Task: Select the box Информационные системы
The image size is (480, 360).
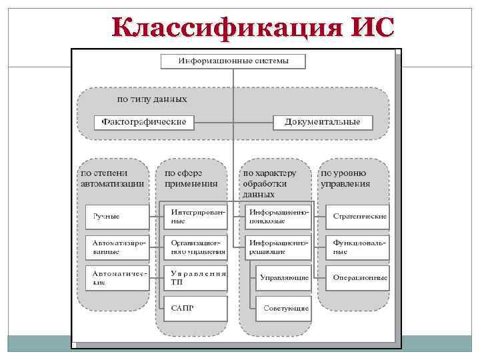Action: pyautogui.click(x=233, y=61)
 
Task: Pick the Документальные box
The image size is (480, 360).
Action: pyautogui.click(x=323, y=122)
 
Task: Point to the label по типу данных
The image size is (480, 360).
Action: pyautogui.click(x=152, y=99)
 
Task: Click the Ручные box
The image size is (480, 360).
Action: pyautogui.click(x=117, y=216)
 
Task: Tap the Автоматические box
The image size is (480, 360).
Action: pyautogui.click(x=117, y=277)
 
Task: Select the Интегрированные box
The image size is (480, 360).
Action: pyautogui.click(x=195, y=216)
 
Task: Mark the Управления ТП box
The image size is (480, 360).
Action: pyautogui.click(x=195, y=277)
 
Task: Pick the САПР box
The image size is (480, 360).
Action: pyautogui.click(x=195, y=309)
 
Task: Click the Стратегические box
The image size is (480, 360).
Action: pyautogui.click(x=358, y=216)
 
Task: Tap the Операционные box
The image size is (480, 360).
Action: pyautogui.click(x=358, y=277)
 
